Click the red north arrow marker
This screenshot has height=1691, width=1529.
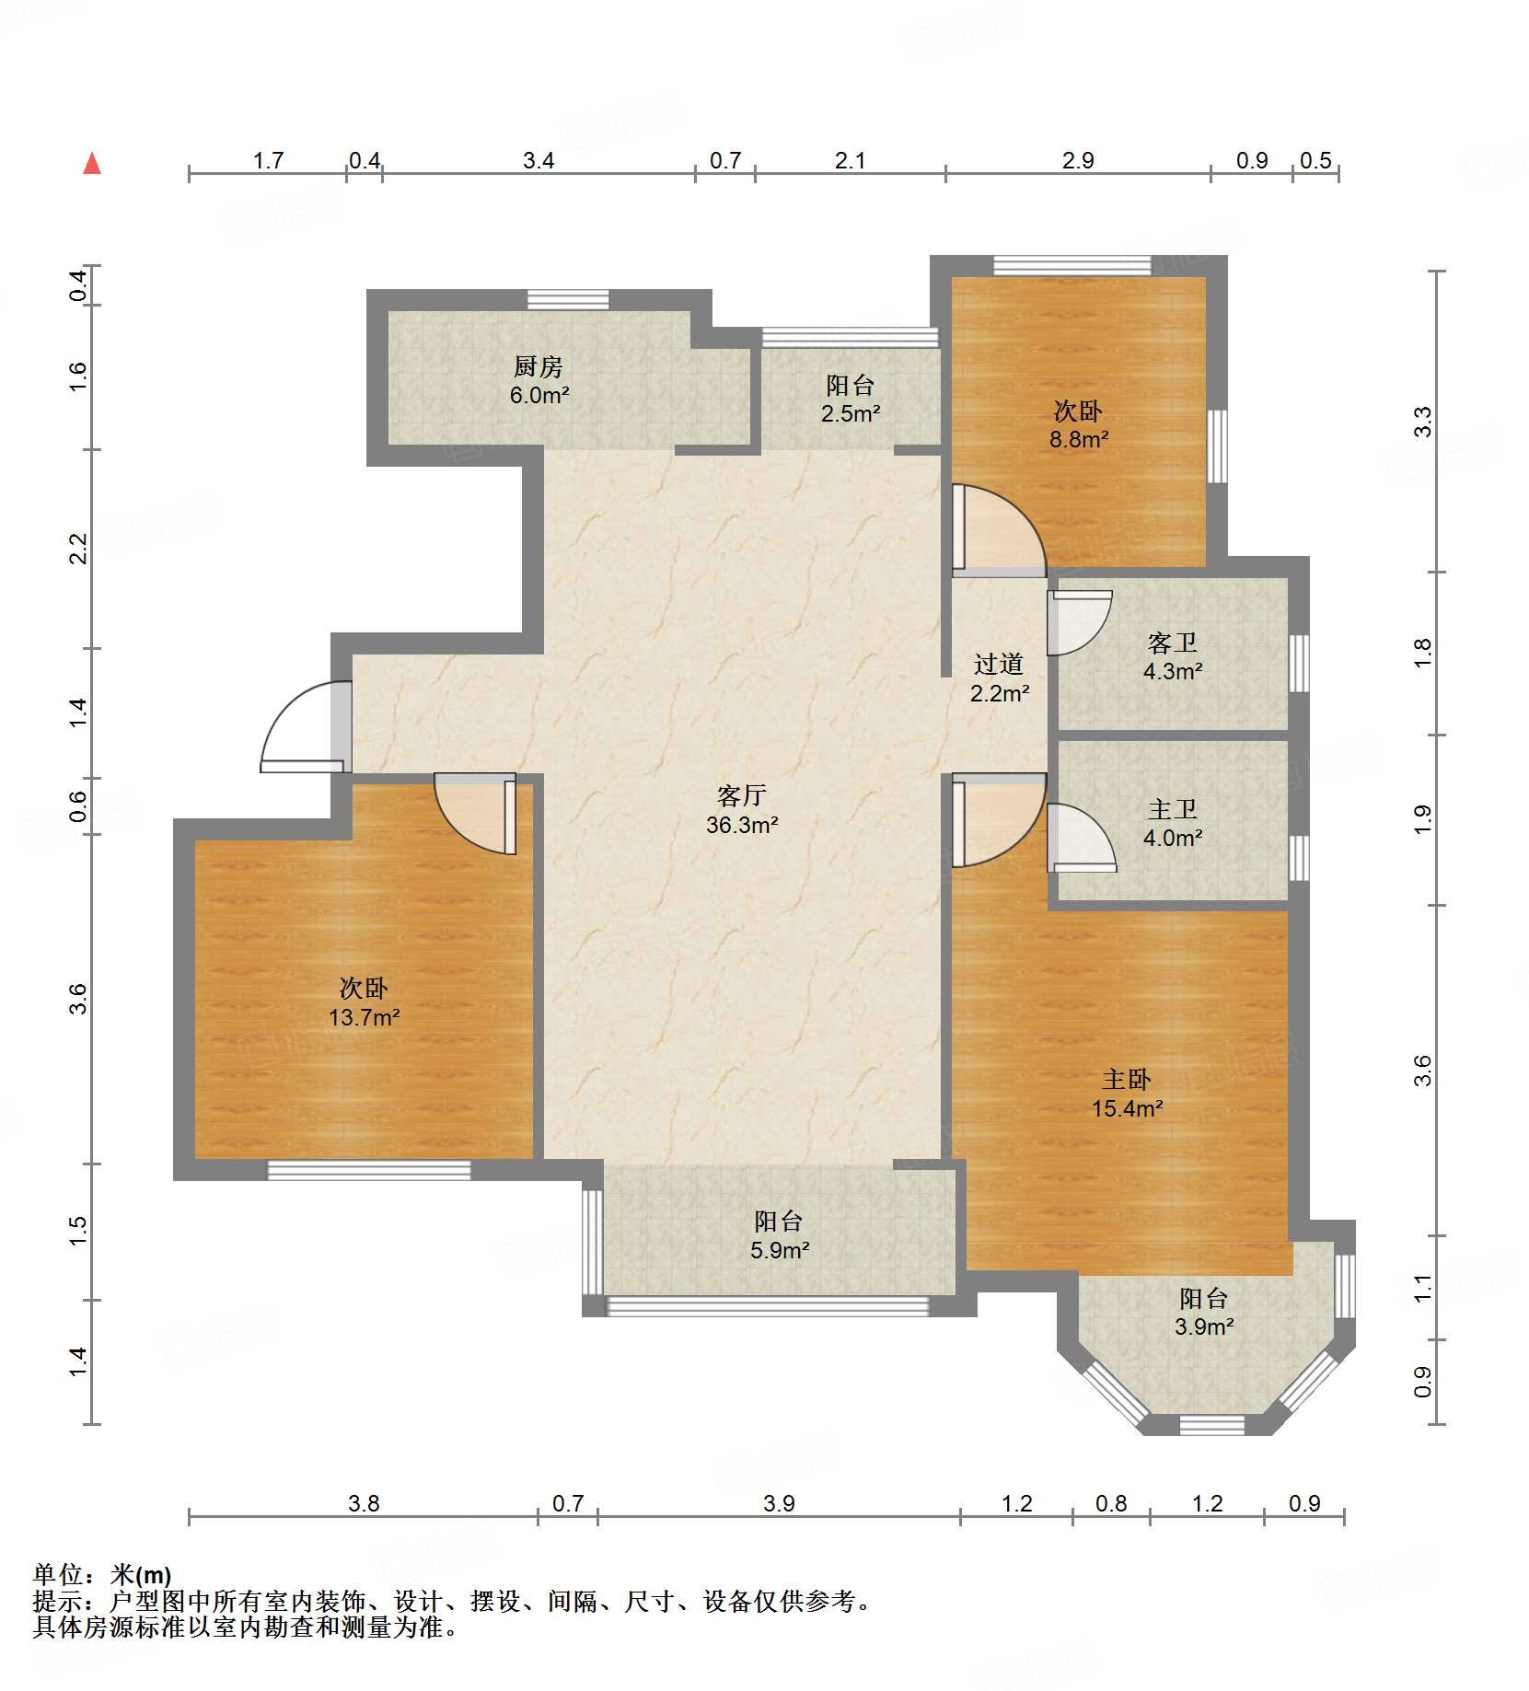coord(92,163)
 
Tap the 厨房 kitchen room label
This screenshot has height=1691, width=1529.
coord(539,366)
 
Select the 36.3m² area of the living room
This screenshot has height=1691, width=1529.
coord(742,825)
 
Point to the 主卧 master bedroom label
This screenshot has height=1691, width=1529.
coord(1127,1079)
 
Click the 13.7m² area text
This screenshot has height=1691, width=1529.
coord(365,1017)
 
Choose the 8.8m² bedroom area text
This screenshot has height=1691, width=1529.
coord(1079,439)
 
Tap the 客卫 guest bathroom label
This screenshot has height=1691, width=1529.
coord(1173,643)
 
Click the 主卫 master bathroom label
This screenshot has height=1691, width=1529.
coord(1173,809)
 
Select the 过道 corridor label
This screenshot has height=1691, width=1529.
coord(999,664)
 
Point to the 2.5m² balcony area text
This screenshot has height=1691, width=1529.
coord(851,413)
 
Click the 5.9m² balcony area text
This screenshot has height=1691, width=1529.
coord(780,1250)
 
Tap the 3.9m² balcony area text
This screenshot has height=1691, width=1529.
coord(1204,1326)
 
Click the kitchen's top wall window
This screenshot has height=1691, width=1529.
coord(568,299)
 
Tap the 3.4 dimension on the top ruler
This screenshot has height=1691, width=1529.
coord(539,161)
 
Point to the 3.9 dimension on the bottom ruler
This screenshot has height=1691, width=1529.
coord(779,1503)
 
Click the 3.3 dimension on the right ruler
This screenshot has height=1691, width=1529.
coord(1423,422)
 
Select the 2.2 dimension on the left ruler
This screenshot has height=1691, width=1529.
coord(78,549)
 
